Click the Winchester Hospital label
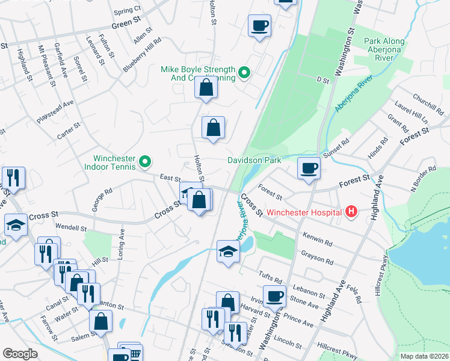click(304, 212)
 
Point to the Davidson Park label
click(254, 161)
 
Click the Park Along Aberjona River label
click(378, 49)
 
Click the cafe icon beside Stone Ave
click(274, 295)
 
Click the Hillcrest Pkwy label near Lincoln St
click(337, 348)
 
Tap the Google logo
click(20, 354)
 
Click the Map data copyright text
click(424, 356)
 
